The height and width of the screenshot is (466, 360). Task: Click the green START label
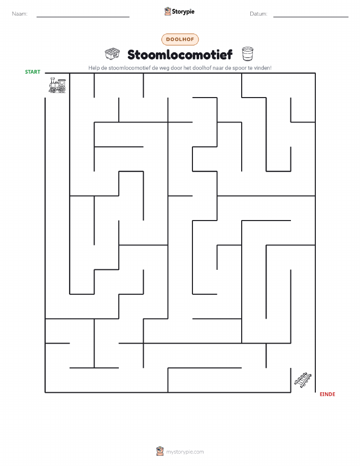(32, 72)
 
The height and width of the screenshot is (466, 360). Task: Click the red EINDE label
(328, 394)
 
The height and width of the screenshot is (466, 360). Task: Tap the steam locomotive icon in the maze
(57, 85)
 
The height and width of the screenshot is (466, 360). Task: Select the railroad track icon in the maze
(303, 380)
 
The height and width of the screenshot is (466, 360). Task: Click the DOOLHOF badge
(180, 39)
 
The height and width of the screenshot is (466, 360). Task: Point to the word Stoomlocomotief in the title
(180, 54)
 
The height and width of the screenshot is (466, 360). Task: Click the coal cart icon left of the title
(112, 54)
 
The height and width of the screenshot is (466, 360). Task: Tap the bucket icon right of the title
(247, 54)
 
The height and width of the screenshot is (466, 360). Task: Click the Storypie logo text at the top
(183, 12)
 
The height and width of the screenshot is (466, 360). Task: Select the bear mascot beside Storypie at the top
(168, 12)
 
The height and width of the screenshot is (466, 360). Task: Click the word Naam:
(20, 14)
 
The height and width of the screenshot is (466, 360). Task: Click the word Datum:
(258, 14)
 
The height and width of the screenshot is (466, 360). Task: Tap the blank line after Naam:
(83, 17)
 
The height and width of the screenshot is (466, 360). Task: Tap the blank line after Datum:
(311, 17)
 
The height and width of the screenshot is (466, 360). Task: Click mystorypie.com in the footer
(185, 452)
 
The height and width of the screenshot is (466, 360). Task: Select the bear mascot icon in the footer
(160, 451)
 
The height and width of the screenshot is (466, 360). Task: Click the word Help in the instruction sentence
(94, 68)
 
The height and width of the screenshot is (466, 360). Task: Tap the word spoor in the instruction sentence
(239, 68)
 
